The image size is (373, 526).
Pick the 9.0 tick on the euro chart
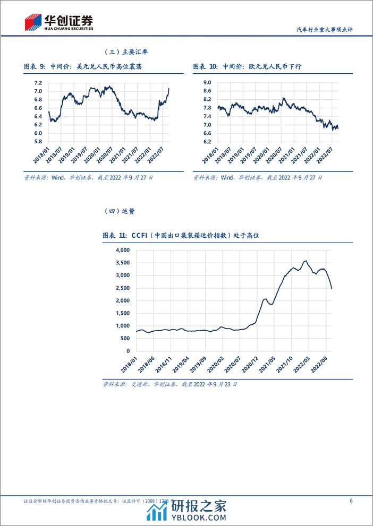pos(207,83)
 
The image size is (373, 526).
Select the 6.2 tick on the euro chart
pos(207,142)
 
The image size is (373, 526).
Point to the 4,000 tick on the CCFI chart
pos(122,250)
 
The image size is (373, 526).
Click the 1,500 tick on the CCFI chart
pos(122,313)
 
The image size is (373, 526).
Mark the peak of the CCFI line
pos(305,261)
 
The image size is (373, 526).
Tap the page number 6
pos(351,501)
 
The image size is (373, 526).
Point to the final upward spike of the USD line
pos(169,89)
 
